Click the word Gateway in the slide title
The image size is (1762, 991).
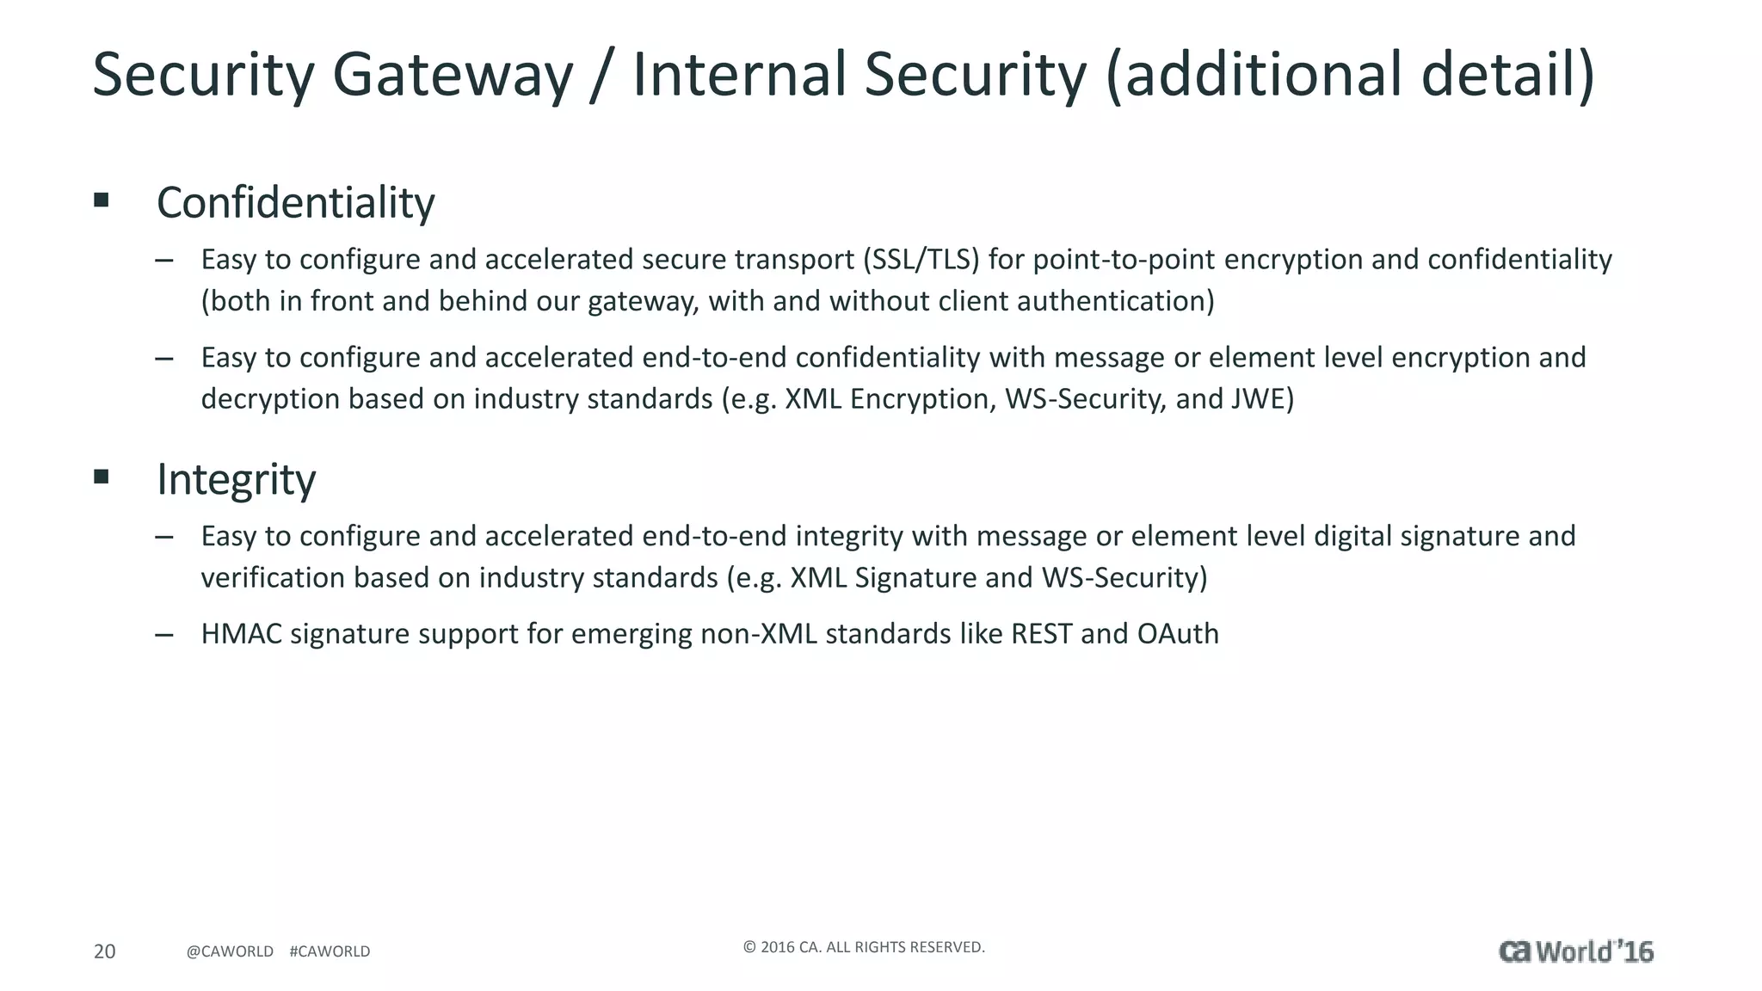pos(452,76)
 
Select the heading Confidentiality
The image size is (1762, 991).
pos(295,203)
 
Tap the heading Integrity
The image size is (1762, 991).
pos(236,479)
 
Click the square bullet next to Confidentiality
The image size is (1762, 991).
pos(102,200)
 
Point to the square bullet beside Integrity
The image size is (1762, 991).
pos(102,477)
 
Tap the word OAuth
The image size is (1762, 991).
pos(1178,634)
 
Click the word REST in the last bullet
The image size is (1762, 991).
pos(1041,634)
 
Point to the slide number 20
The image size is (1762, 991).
pos(104,951)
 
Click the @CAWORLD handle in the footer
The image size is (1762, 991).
pos(230,951)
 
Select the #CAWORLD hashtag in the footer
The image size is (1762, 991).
pos(330,951)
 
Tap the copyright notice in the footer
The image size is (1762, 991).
pos(864,947)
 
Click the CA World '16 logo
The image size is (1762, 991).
pos(1576,951)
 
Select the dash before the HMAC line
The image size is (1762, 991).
pos(164,635)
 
